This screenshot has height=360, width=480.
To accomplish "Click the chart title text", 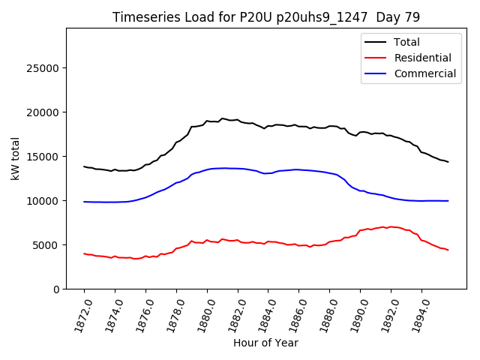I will tap(266, 17).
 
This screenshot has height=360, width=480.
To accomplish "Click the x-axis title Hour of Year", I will tap(265, 343).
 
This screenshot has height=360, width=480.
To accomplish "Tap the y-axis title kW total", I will tap(15, 158).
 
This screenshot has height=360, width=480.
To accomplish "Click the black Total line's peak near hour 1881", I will tap(222, 118).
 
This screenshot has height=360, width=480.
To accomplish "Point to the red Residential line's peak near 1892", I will tap(390, 226).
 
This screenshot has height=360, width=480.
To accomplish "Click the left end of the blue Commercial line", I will tap(84, 202).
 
